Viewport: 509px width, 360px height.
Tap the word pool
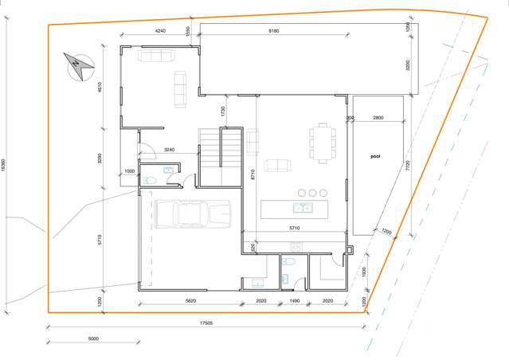[376, 156]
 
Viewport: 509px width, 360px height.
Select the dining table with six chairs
[322, 142]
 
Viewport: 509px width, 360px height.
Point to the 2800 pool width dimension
[378, 118]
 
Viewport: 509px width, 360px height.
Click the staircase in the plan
[220, 156]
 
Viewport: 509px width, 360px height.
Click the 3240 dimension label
[169, 149]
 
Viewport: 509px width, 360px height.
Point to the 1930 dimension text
[363, 272]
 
